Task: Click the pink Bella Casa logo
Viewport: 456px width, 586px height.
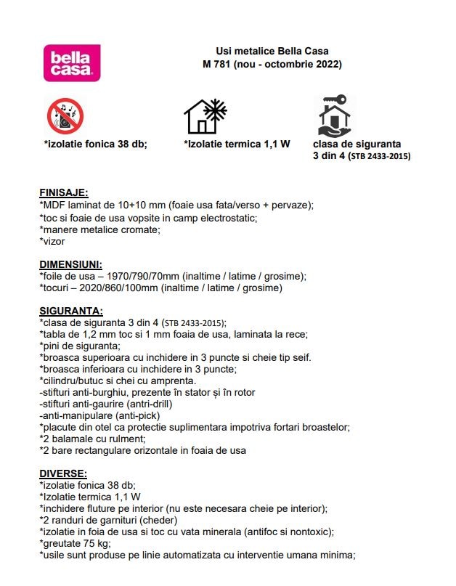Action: click(x=72, y=62)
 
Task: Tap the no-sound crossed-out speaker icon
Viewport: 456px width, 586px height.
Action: click(x=65, y=116)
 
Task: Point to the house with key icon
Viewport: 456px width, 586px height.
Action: click(x=333, y=116)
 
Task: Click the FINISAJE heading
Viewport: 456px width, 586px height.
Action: click(x=63, y=193)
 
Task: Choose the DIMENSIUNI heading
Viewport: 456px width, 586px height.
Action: click(x=70, y=264)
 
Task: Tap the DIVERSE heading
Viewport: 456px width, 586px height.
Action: click(x=62, y=473)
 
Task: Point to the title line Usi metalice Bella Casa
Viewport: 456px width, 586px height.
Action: click(x=272, y=51)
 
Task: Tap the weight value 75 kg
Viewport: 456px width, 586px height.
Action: click(x=94, y=543)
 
